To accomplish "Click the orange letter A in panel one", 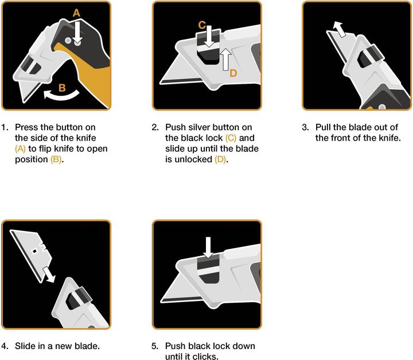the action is tap(76, 13).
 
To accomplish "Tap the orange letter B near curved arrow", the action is tap(62, 88).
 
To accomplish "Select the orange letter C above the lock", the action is tap(202, 25).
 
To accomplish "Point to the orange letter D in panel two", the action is tap(233, 73).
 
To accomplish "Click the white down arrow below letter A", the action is tap(77, 33).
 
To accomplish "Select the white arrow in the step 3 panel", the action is tap(339, 29).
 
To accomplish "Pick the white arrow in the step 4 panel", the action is tap(49, 275).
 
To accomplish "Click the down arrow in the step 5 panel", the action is tap(208, 248).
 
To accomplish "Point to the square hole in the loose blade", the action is tap(34, 252).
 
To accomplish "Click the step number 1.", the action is tap(5, 127).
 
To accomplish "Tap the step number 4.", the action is tap(5, 346).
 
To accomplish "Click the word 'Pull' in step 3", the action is tap(323, 127).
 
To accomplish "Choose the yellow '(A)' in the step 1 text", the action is tap(20, 149).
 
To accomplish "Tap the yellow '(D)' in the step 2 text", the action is tap(220, 159).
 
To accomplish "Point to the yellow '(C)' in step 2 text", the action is tap(231, 138).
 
